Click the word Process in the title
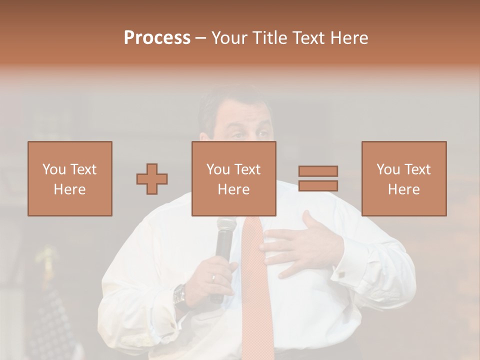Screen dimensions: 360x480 point(157,38)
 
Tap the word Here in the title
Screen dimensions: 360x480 point(348,38)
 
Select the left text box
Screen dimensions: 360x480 point(70,178)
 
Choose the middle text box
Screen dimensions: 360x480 point(234,178)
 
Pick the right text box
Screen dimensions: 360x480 point(404,178)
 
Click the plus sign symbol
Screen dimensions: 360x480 point(152,178)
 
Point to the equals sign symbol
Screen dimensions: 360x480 point(318,178)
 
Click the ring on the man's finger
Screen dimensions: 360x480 point(213,276)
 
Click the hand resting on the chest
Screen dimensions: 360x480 point(300,245)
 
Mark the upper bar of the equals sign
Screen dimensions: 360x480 point(318,171)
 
